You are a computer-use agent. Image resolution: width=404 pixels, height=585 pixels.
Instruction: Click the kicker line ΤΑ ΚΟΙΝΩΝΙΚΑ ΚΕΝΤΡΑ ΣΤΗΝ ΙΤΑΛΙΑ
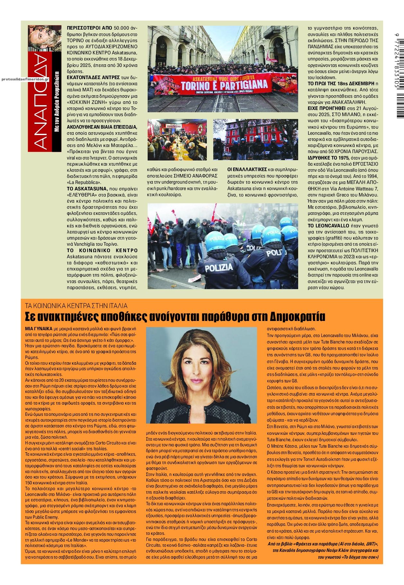(76, 305)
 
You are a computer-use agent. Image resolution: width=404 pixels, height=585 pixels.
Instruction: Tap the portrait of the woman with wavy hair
(201, 375)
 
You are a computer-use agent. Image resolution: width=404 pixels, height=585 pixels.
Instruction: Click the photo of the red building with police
(255, 139)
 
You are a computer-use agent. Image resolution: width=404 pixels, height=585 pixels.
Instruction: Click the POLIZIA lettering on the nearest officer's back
(219, 267)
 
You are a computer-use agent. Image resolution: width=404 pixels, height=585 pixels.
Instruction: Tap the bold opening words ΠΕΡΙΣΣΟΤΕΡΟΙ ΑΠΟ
(85, 28)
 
